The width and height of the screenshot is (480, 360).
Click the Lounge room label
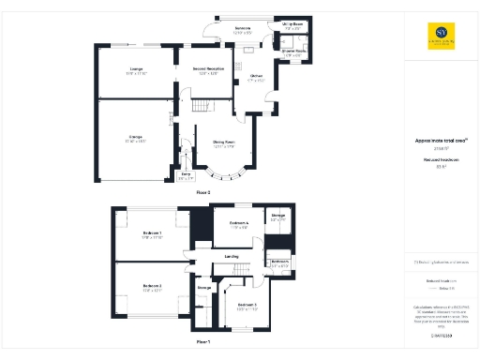coord(137,68)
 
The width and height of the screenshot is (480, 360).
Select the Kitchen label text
coord(256,77)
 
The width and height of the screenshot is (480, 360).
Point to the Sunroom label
coord(242,29)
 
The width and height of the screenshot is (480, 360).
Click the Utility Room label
coord(292,26)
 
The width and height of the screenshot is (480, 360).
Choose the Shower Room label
coord(291,53)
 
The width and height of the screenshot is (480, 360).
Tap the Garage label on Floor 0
coord(136,138)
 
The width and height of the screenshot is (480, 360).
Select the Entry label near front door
coord(187,174)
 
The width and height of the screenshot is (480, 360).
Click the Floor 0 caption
coord(202,191)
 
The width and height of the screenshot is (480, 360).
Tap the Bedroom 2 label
coord(152,285)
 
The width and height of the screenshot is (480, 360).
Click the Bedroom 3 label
coord(247,306)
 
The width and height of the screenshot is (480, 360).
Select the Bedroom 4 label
coord(238,222)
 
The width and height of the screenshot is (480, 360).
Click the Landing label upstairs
coord(231,256)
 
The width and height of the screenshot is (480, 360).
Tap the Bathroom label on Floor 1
coord(278,262)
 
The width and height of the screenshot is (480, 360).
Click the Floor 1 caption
coord(202,342)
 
